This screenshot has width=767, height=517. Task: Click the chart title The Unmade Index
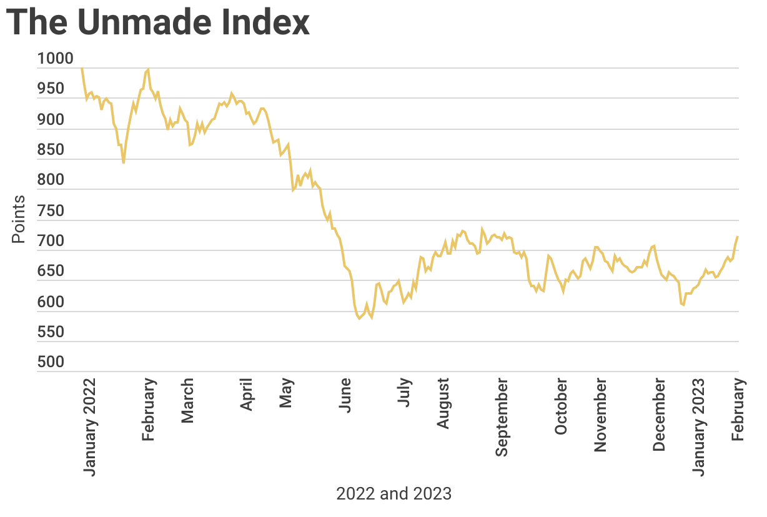point(158,22)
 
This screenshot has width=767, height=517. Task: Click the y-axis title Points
point(19,219)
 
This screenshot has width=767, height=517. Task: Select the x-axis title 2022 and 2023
point(393,494)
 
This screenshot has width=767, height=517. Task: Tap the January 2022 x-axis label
point(90,426)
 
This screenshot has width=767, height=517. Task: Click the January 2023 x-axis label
point(700,426)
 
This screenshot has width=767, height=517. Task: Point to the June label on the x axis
point(345,394)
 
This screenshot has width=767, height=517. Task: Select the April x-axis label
point(247,394)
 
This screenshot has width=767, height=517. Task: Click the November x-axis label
point(601,414)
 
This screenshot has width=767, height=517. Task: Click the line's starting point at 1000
point(82,67)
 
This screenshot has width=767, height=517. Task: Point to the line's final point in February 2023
point(738,237)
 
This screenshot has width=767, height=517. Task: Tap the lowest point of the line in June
point(360,319)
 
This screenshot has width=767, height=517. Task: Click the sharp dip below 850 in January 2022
point(124,163)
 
